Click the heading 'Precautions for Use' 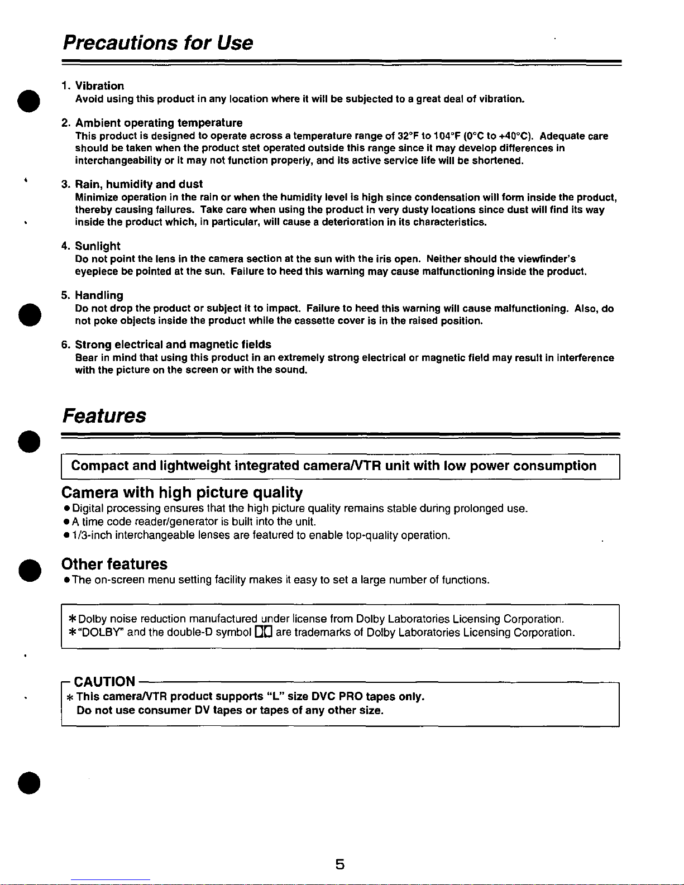pyautogui.click(x=157, y=42)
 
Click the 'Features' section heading pyautogui.click(x=104, y=416)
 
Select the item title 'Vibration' pyautogui.click(x=99, y=86)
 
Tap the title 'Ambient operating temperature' pyautogui.click(x=159, y=123)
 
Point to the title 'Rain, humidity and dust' pyautogui.click(x=138, y=184)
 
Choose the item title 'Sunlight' pyautogui.click(x=98, y=246)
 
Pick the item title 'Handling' pyautogui.click(x=99, y=295)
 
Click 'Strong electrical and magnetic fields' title pyautogui.click(x=173, y=345)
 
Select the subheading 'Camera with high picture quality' pyautogui.click(x=182, y=492)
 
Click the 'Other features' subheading pyautogui.click(x=114, y=564)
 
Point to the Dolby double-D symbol pyautogui.click(x=263, y=633)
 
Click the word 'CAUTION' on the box pyautogui.click(x=104, y=682)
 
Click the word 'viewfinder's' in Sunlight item pyautogui.click(x=547, y=259)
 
